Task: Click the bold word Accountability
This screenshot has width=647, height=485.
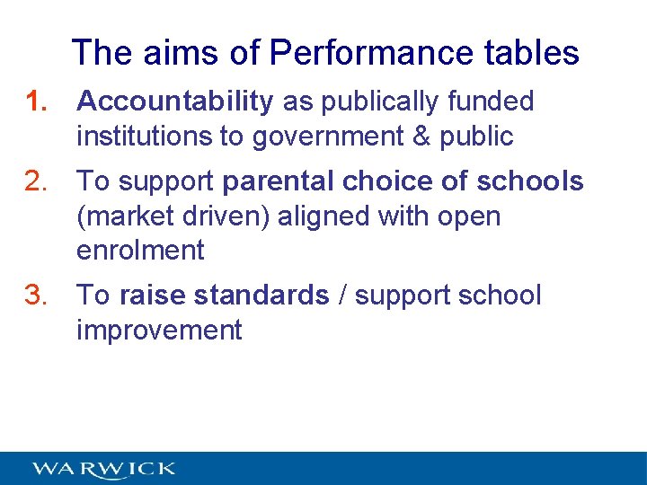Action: point(175,102)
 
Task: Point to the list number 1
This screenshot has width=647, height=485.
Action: point(37,102)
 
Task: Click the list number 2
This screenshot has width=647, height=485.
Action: point(37,181)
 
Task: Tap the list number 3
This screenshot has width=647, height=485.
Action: point(37,295)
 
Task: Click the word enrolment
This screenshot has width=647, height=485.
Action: point(140,251)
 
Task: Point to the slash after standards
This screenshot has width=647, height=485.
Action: point(342,295)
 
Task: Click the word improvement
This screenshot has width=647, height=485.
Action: point(159,331)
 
